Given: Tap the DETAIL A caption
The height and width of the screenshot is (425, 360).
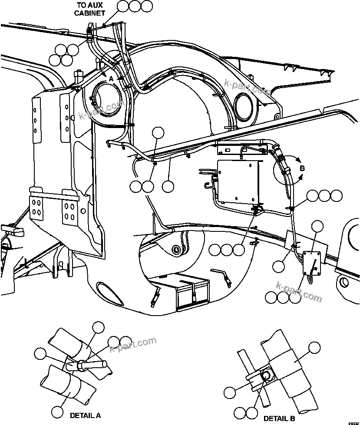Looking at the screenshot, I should pos(85,415).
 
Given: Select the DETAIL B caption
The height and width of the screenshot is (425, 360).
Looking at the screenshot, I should pos(279,418).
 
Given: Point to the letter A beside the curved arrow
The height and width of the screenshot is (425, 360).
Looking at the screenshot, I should pos(111,79).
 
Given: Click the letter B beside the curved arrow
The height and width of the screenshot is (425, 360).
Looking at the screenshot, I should pos(303,168).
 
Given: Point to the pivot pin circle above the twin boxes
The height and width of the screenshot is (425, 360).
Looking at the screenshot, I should pos(176,250).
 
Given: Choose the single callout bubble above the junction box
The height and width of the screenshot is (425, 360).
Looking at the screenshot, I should pos(318,226).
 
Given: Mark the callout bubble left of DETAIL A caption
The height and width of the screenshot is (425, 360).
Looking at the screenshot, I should pos(57,411).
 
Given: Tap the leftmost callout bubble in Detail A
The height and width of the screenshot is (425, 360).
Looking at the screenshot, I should pos(40,353).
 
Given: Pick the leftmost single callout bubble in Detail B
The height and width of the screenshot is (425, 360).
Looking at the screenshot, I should pos(230,392).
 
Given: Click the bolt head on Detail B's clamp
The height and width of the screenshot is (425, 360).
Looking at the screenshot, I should pos(265,374).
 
